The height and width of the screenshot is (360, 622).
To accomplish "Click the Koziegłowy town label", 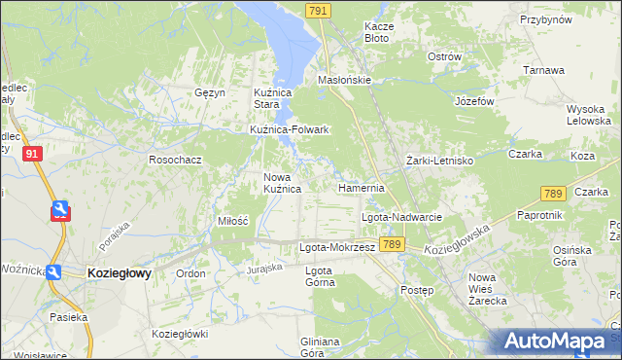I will (x=119, y=274).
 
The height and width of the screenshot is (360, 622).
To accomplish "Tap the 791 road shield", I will (x=317, y=10).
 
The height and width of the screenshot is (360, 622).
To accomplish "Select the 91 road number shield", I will (x=33, y=154).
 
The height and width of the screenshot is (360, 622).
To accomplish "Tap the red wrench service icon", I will (x=59, y=210).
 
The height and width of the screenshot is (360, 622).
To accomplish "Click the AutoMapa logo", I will (x=558, y=342).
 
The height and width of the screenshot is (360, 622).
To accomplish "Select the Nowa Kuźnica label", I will (x=282, y=183).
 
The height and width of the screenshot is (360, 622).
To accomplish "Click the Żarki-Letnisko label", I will (x=438, y=160).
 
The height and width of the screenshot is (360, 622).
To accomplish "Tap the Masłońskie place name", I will (x=345, y=81).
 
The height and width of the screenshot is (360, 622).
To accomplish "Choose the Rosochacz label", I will (x=174, y=159).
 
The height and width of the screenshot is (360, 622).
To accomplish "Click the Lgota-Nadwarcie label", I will (x=402, y=217).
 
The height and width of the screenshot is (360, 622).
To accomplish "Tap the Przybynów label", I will (x=544, y=19).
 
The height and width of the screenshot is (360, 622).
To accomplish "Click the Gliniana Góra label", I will (x=320, y=346).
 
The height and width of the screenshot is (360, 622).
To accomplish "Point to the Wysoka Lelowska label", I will (x=586, y=115).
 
